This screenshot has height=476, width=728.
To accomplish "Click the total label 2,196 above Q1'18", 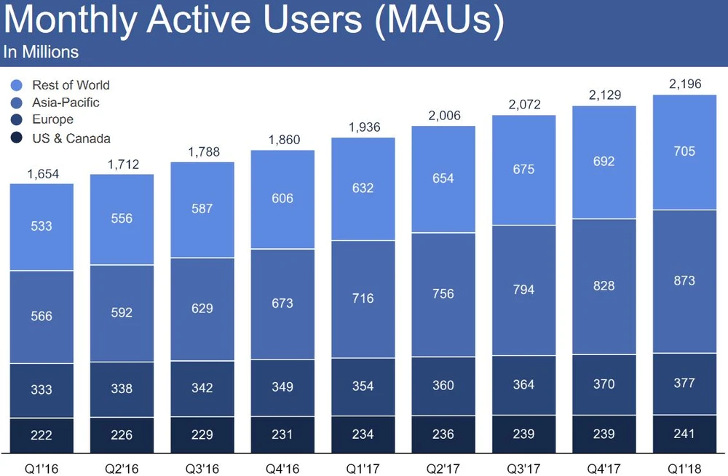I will tap(685, 84).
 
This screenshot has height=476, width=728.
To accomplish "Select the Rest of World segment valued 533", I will tap(41, 226).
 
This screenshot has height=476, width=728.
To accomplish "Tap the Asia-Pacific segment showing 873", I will tap(685, 280).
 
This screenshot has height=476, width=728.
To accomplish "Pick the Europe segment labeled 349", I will tap(282, 387).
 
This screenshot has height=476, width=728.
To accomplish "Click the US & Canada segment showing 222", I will tap(41, 435).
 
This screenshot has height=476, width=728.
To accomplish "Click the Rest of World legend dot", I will tap(17, 85).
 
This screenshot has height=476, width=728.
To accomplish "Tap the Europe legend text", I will tap(52, 120).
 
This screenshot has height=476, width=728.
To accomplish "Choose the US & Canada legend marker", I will tap(17, 138).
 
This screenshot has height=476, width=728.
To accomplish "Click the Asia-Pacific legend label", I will tap(66, 103).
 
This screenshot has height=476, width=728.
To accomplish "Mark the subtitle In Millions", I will tap(41, 52).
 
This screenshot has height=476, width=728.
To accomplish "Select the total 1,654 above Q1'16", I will tap(41, 175).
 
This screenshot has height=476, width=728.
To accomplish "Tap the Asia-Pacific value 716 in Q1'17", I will tap(363, 298).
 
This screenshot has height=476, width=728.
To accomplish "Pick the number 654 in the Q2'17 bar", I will tap(443, 179).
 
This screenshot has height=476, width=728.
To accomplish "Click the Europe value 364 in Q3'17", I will tap(523, 385).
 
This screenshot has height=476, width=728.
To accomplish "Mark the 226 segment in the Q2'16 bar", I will tap(122, 435).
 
